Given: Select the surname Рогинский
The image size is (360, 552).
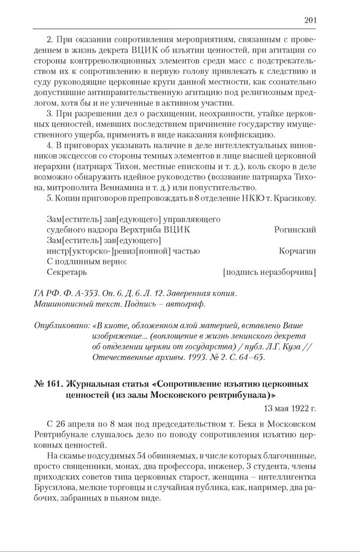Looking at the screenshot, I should click(x=295, y=230).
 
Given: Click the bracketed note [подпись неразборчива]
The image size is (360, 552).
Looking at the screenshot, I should click(x=269, y=272).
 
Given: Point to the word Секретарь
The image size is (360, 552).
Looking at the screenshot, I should click(x=66, y=272).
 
